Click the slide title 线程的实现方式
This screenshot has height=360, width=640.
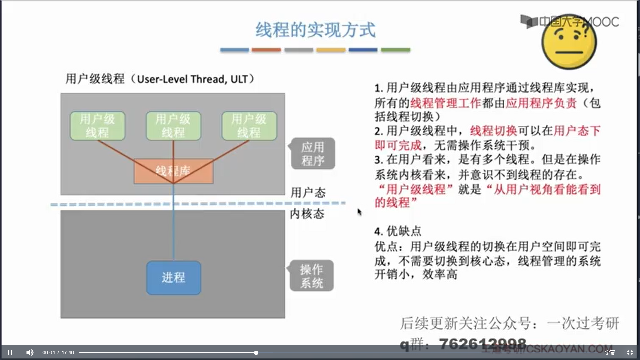(315, 30)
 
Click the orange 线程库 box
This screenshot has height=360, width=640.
(173, 171)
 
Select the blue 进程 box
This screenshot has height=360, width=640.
(174, 278)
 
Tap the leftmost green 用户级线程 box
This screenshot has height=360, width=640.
(97, 126)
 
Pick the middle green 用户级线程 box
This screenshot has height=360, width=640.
(173, 126)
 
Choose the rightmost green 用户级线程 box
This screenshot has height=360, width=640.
(249, 126)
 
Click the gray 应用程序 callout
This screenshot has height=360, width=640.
(313, 154)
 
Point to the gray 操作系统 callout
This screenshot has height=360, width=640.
(312, 276)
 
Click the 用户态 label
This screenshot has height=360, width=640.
(308, 193)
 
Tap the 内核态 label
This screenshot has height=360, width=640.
(307, 214)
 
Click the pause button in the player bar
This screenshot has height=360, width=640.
(10, 352)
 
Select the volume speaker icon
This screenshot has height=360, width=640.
(30, 352)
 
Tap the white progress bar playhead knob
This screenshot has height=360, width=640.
(256, 353)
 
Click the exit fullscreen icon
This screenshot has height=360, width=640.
(630, 352)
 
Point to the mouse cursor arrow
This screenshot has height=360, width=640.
(359, 212)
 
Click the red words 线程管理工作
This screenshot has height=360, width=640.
(446, 103)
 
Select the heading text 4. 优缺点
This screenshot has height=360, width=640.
(398, 231)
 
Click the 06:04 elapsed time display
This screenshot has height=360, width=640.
(48, 353)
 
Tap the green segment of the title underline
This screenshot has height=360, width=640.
(395, 50)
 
